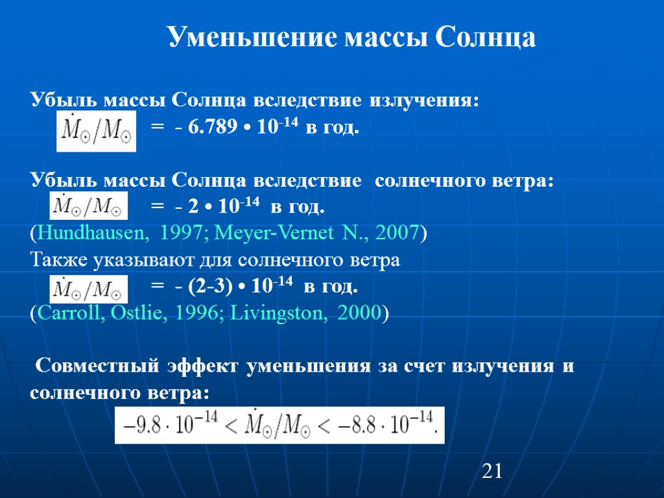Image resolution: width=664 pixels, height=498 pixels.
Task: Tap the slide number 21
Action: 493,471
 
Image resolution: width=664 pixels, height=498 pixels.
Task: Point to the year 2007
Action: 395,233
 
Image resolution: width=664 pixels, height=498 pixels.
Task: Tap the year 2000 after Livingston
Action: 358,313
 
